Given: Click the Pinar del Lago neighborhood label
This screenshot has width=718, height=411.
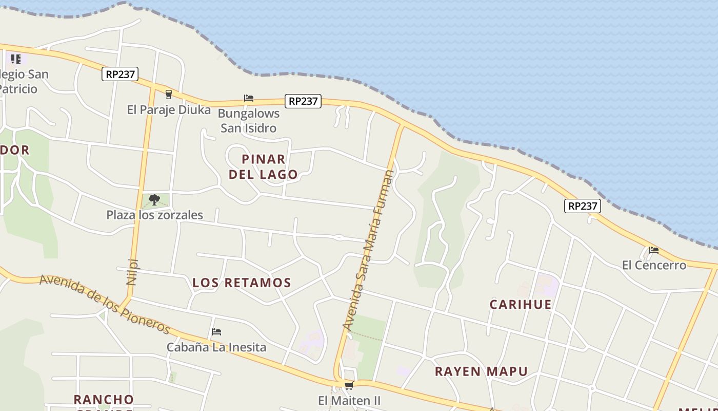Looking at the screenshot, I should coord(263,166).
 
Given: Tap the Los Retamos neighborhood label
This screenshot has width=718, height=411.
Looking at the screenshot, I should coord(242,283).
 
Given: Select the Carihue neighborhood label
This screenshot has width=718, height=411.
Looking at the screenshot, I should coord(521,304).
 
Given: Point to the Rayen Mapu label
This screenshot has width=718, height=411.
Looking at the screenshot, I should coord(481,371).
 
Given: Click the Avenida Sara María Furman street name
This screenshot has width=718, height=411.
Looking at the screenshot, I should coord(369,250).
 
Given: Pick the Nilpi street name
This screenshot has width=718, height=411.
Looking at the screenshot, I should coord(132,271).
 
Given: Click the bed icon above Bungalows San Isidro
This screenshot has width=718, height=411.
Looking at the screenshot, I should coord(249,98).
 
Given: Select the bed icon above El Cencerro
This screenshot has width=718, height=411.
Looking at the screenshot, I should coord(653,250).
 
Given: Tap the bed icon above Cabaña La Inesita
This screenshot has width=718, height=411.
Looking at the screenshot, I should coord(216,332).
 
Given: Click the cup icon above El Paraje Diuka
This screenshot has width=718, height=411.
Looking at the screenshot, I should coord(168,94).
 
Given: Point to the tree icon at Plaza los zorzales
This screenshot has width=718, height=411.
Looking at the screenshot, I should coord(154,200).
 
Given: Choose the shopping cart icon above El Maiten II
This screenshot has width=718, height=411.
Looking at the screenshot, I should coord(349,385).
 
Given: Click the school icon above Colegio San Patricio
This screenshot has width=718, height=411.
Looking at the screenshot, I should coord(16,59).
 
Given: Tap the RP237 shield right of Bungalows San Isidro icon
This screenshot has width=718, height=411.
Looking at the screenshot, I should coord(303,101).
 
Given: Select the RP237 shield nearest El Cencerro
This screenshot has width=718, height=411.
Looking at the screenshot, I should coord(583,206).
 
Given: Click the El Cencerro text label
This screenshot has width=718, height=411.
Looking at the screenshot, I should coord(654,265).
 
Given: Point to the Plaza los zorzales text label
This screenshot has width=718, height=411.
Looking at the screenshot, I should coord(154,215).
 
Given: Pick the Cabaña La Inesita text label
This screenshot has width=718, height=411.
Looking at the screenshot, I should coord(216,347).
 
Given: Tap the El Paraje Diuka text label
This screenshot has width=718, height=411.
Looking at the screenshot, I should coord(169,109).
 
